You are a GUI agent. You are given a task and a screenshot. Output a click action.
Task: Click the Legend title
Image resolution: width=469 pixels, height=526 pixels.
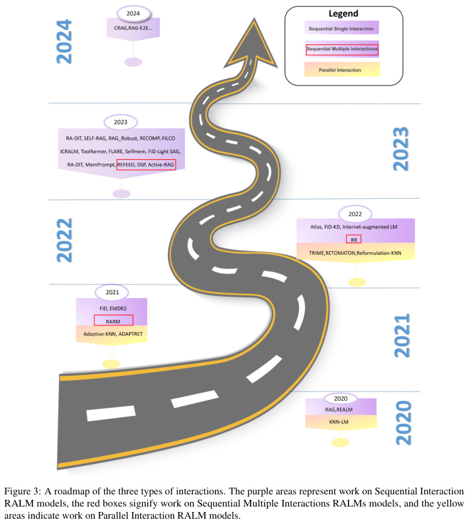click(343, 13)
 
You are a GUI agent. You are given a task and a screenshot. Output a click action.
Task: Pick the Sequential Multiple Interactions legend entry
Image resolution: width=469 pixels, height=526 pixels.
click(342, 49)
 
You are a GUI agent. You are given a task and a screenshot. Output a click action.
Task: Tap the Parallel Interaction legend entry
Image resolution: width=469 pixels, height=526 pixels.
click(340, 70)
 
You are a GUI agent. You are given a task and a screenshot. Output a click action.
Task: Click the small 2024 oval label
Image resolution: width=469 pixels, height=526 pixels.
click(133, 13)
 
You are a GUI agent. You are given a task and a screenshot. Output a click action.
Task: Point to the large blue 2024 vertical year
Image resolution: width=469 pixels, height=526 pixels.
click(64, 41)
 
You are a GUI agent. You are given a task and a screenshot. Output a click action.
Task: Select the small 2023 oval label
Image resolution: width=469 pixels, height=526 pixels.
click(120, 122)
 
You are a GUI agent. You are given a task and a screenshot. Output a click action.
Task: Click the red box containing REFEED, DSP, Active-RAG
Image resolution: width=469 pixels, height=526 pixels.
click(146, 165)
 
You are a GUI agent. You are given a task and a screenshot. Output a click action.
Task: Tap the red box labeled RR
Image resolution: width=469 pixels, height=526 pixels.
click(353, 239)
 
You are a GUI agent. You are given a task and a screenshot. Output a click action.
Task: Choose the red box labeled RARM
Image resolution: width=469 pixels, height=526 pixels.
click(113, 321)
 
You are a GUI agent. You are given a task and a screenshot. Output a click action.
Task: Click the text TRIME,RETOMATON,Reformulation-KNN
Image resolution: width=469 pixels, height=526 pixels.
click(354, 251)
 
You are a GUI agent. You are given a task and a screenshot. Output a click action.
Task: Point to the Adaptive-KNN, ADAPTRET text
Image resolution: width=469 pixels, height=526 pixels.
click(113, 334)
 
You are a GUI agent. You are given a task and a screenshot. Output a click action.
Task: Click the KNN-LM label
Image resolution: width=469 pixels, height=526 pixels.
click(342, 420)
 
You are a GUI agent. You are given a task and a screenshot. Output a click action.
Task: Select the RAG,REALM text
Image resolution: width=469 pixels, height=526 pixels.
click(342, 409)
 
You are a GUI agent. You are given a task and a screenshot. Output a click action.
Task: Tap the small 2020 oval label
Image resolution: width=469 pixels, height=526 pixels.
click(341, 398)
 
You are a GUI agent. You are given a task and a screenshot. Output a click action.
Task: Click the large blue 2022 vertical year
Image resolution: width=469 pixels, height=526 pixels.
click(64, 241)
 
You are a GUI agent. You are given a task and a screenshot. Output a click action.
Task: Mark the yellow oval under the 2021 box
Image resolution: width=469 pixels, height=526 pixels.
click(111, 364)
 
